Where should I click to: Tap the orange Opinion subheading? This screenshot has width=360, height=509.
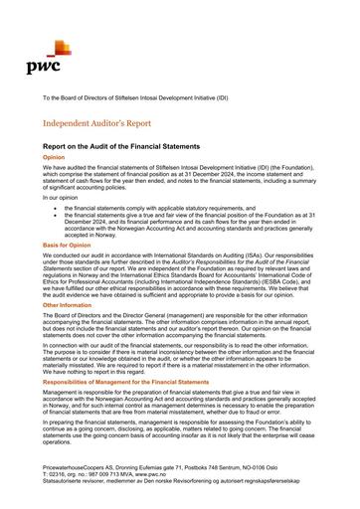(54, 157)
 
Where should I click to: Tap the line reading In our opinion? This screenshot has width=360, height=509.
(60, 198)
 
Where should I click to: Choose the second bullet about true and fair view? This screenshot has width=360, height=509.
(189, 225)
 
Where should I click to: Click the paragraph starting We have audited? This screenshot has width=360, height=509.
(179, 178)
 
